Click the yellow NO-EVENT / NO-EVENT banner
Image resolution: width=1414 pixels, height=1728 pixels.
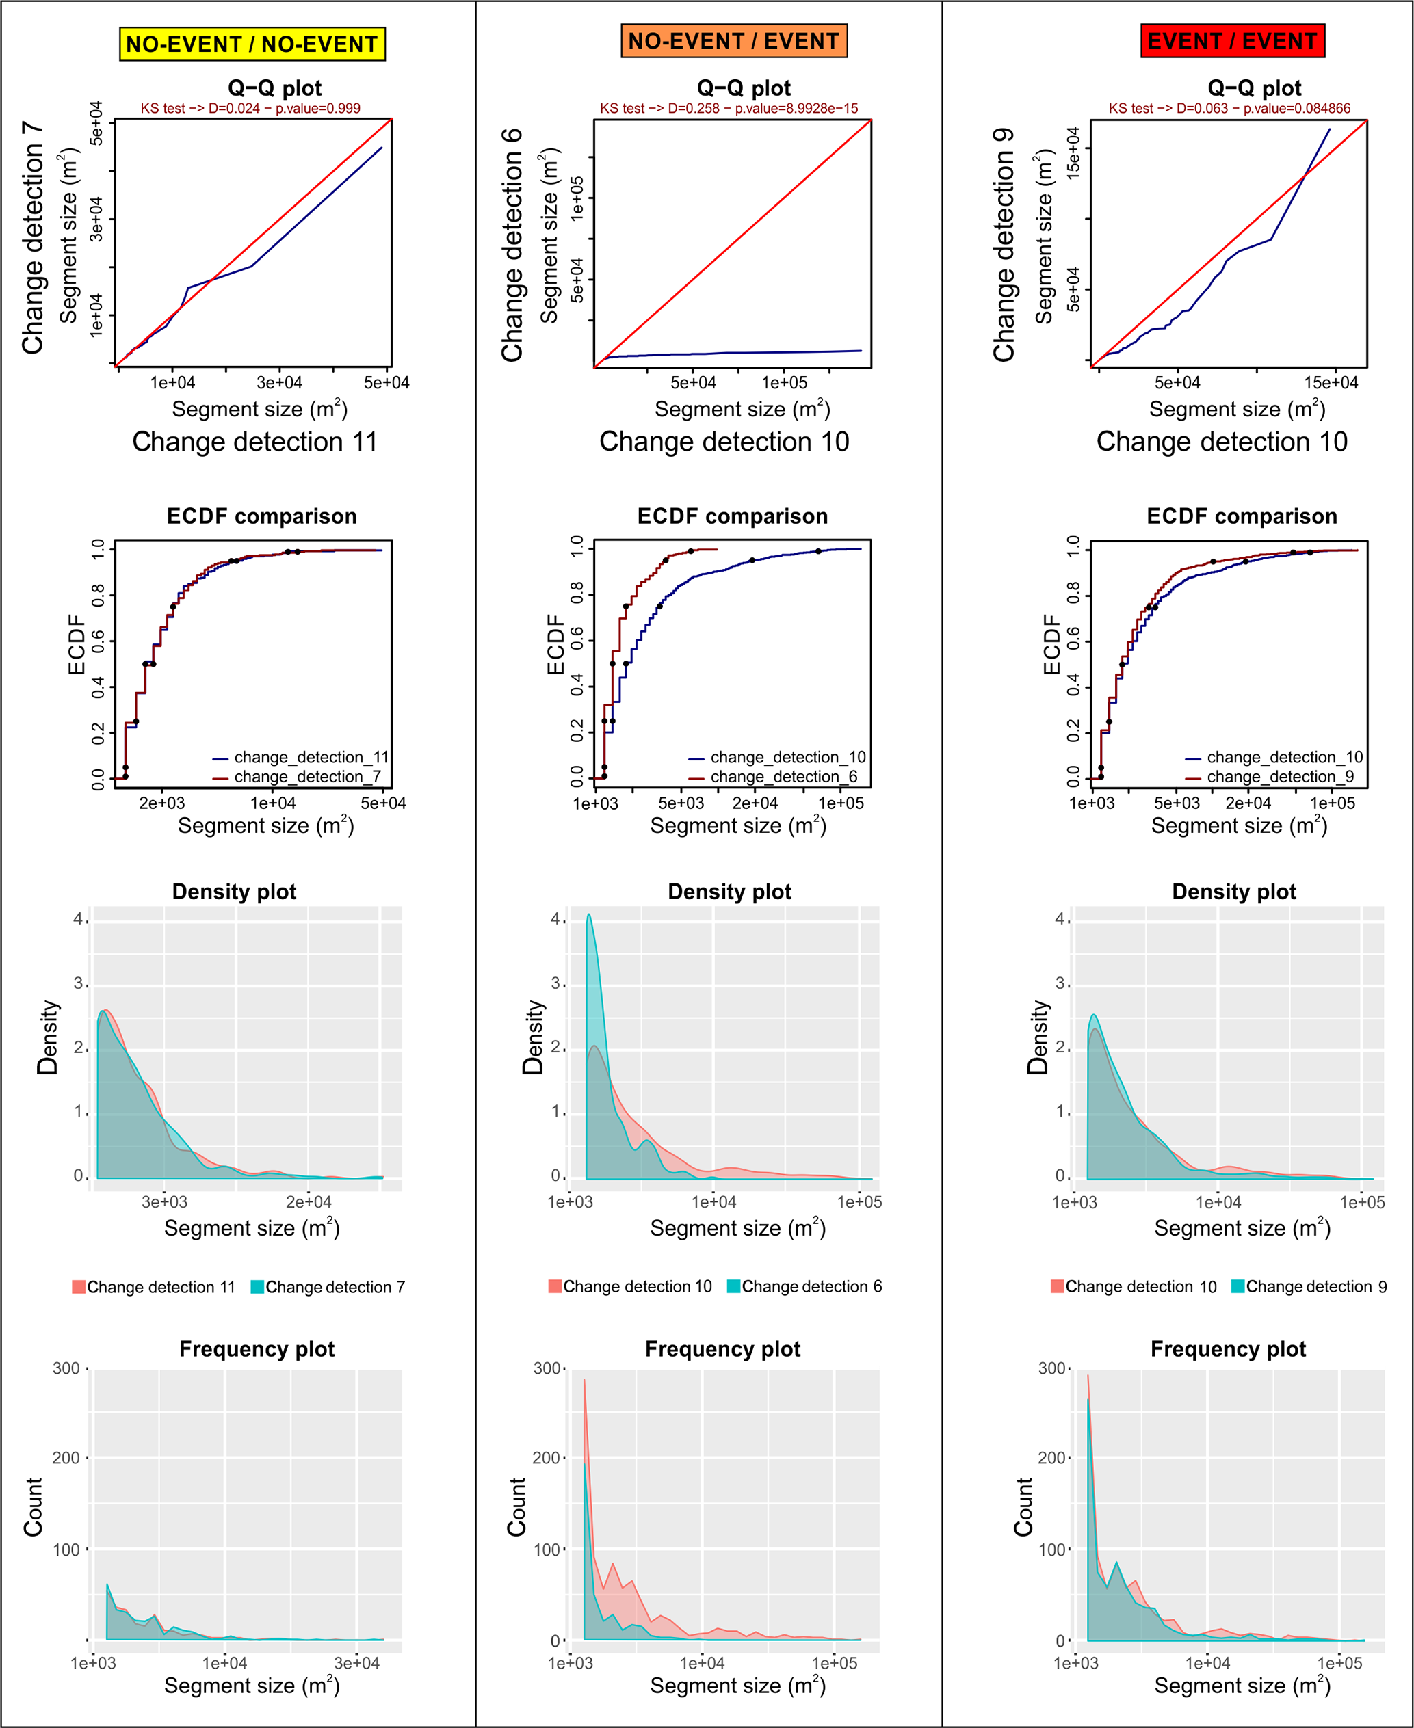(252, 44)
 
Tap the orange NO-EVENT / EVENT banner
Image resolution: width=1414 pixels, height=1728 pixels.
(733, 41)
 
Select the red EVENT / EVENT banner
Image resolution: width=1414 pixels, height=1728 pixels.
(1231, 41)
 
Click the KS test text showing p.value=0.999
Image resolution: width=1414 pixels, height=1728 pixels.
(250, 108)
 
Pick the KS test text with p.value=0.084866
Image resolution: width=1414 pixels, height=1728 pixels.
(1229, 108)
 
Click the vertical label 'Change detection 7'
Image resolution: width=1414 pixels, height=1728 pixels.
(33, 238)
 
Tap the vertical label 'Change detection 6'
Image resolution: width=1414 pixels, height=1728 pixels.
(512, 244)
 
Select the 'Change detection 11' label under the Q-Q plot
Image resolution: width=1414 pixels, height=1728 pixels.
(255, 441)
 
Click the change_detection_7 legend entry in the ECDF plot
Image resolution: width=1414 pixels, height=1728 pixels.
(306, 777)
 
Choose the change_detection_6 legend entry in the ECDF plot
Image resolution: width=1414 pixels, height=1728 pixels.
(783, 777)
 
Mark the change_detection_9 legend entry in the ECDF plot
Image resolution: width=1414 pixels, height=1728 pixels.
(1279, 777)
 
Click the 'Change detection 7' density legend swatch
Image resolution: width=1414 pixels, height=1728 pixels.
(257, 1287)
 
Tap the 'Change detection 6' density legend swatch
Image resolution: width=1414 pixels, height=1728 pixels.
(733, 1287)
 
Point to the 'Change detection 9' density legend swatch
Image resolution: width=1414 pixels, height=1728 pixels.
(1238, 1287)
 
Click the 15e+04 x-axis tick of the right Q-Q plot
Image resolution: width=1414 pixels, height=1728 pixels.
(1331, 383)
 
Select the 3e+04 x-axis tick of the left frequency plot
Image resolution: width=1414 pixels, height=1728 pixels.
(357, 1664)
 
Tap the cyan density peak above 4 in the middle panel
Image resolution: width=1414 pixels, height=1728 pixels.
(589, 916)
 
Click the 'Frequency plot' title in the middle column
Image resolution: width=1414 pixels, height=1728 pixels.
(722, 1349)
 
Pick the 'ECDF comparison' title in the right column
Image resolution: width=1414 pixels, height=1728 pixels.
(1242, 516)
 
